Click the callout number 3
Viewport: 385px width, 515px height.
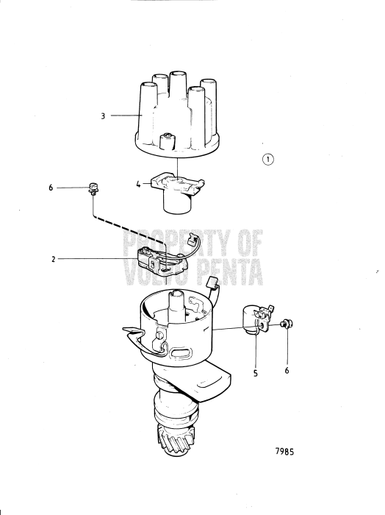[x=104, y=116]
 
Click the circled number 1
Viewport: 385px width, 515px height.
[x=268, y=159]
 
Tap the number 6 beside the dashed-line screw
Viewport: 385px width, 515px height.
[x=51, y=188]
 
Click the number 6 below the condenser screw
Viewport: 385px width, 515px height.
[x=287, y=371]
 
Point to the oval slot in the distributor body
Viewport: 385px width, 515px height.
[x=181, y=355]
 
